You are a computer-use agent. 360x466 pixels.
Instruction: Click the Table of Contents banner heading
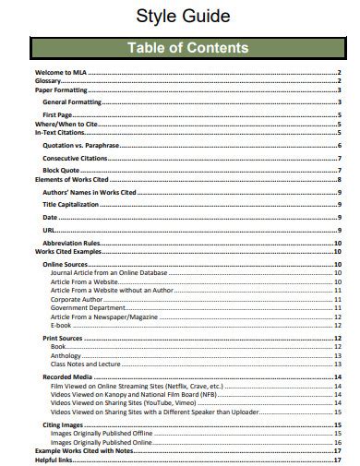(x=187, y=48)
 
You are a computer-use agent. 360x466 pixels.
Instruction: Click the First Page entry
(x=57, y=114)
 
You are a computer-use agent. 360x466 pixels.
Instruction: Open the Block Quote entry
(x=61, y=170)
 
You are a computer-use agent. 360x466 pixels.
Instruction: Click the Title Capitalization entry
(x=70, y=203)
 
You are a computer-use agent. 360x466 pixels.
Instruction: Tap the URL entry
(x=49, y=228)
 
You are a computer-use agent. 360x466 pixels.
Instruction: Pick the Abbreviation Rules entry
(x=71, y=243)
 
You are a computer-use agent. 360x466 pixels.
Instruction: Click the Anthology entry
(x=66, y=355)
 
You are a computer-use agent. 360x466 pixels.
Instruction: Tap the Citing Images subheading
(x=63, y=424)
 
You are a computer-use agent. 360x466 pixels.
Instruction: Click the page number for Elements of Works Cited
(x=340, y=179)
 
